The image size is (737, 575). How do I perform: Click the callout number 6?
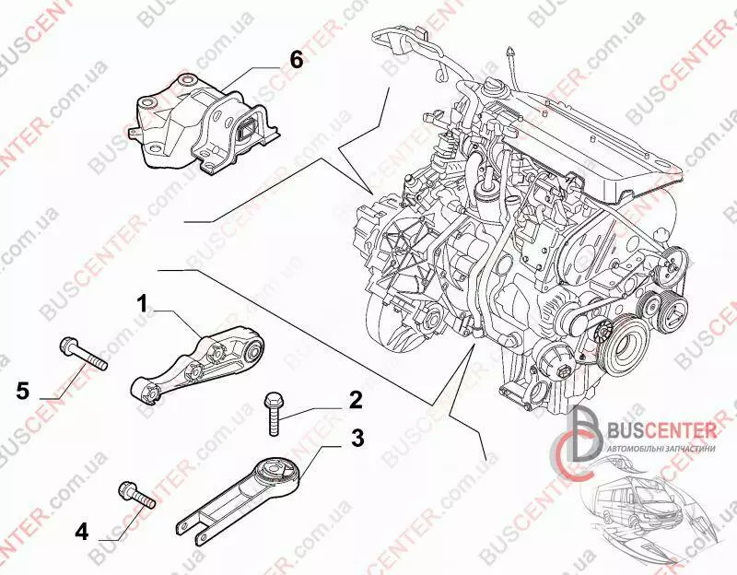(295, 59)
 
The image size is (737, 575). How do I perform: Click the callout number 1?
(143, 303)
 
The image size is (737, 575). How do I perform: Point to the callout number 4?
(82, 531)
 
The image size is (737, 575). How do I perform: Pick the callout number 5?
(22, 390)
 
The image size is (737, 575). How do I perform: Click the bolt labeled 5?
(82, 354)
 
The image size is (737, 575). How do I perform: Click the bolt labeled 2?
(274, 414)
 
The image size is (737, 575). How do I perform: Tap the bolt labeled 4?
(135, 495)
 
